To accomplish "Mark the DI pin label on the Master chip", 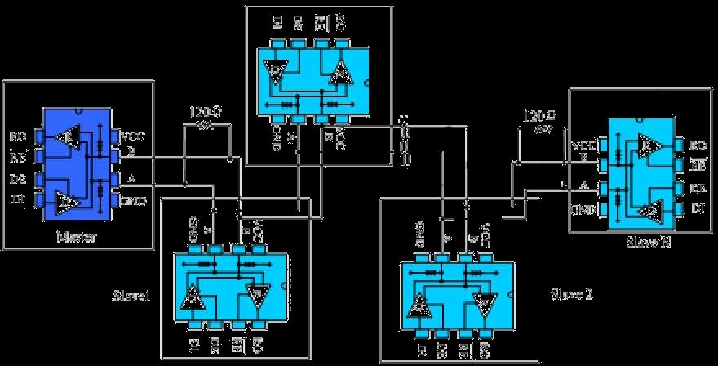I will point(18,199).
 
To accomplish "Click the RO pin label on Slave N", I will point(698,145).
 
